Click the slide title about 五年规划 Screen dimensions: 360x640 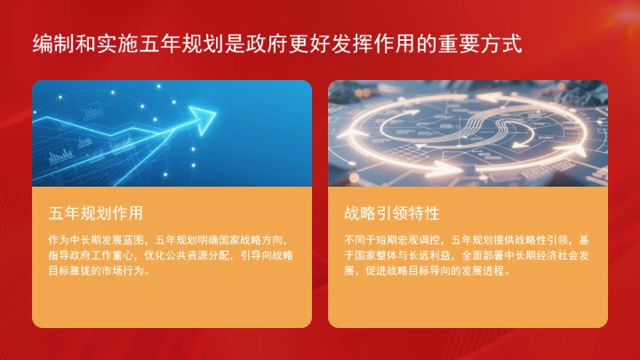tap(276, 44)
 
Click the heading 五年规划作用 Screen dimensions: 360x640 tap(96, 213)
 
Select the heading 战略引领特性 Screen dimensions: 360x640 tap(392, 213)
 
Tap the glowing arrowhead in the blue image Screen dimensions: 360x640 tap(206, 116)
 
